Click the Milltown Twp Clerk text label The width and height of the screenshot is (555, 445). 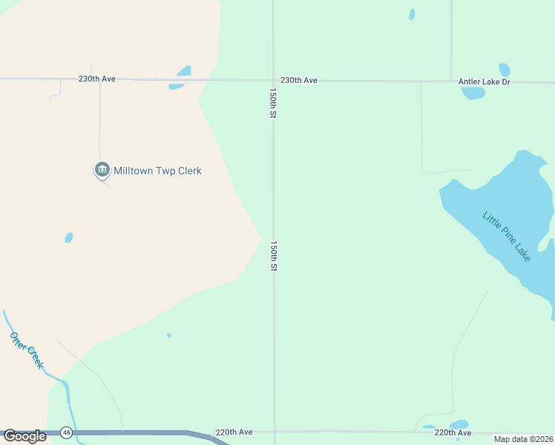click(x=157, y=171)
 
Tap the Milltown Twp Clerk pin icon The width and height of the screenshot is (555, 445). click(x=102, y=170)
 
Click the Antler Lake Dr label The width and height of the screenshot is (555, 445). click(x=485, y=82)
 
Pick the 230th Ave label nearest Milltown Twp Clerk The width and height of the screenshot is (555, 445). click(x=97, y=78)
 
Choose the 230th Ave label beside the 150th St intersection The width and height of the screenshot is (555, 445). click(x=299, y=80)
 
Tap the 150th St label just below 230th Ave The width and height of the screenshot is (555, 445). click(x=273, y=104)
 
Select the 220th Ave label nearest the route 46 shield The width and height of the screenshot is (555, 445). click(x=234, y=432)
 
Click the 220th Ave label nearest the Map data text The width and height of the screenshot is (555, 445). click(x=453, y=432)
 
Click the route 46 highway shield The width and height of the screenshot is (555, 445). click(x=66, y=432)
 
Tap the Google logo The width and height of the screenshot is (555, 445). click(x=24, y=436)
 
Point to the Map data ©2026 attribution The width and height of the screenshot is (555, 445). click(x=524, y=439)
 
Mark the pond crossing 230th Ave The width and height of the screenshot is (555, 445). click(x=180, y=77)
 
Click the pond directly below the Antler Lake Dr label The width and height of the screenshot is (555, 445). click(x=473, y=93)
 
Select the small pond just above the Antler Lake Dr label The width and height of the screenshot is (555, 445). click(x=504, y=70)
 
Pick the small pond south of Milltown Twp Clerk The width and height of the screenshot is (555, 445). click(x=69, y=238)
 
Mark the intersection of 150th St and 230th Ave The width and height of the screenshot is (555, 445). click(x=273, y=80)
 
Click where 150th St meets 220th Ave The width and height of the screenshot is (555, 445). click(x=274, y=431)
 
